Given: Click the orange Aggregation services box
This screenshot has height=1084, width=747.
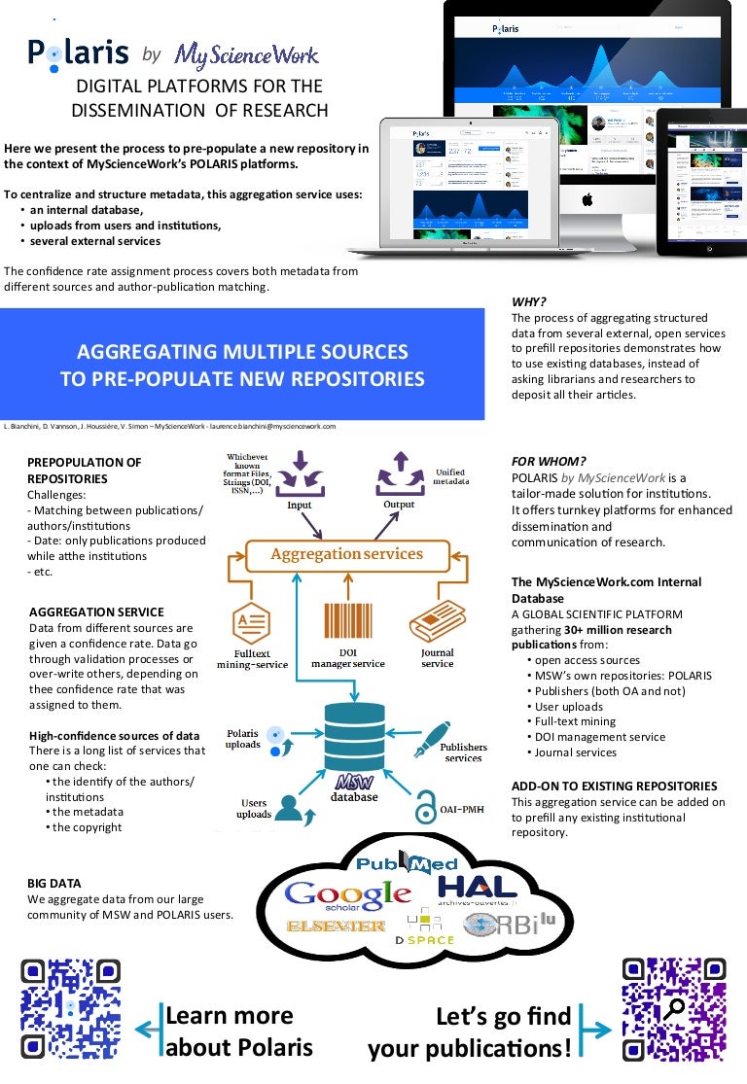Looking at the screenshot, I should click(x=346, y=554).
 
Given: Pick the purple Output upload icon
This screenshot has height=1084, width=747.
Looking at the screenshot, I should click(x=400, y=471).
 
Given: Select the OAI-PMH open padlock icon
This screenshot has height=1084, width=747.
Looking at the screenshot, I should click(x=425, y=806).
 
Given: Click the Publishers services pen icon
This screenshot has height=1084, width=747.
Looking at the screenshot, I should click(x=432, y=738).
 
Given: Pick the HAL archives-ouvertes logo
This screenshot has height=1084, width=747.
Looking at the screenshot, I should click(x=482, y=891).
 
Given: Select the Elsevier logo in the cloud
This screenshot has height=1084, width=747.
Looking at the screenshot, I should click(x=336, y=927).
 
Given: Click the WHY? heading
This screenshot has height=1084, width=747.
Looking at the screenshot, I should click(x=530, y=301).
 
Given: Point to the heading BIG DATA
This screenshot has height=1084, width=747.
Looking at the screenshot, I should click(x=54, y=883).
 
